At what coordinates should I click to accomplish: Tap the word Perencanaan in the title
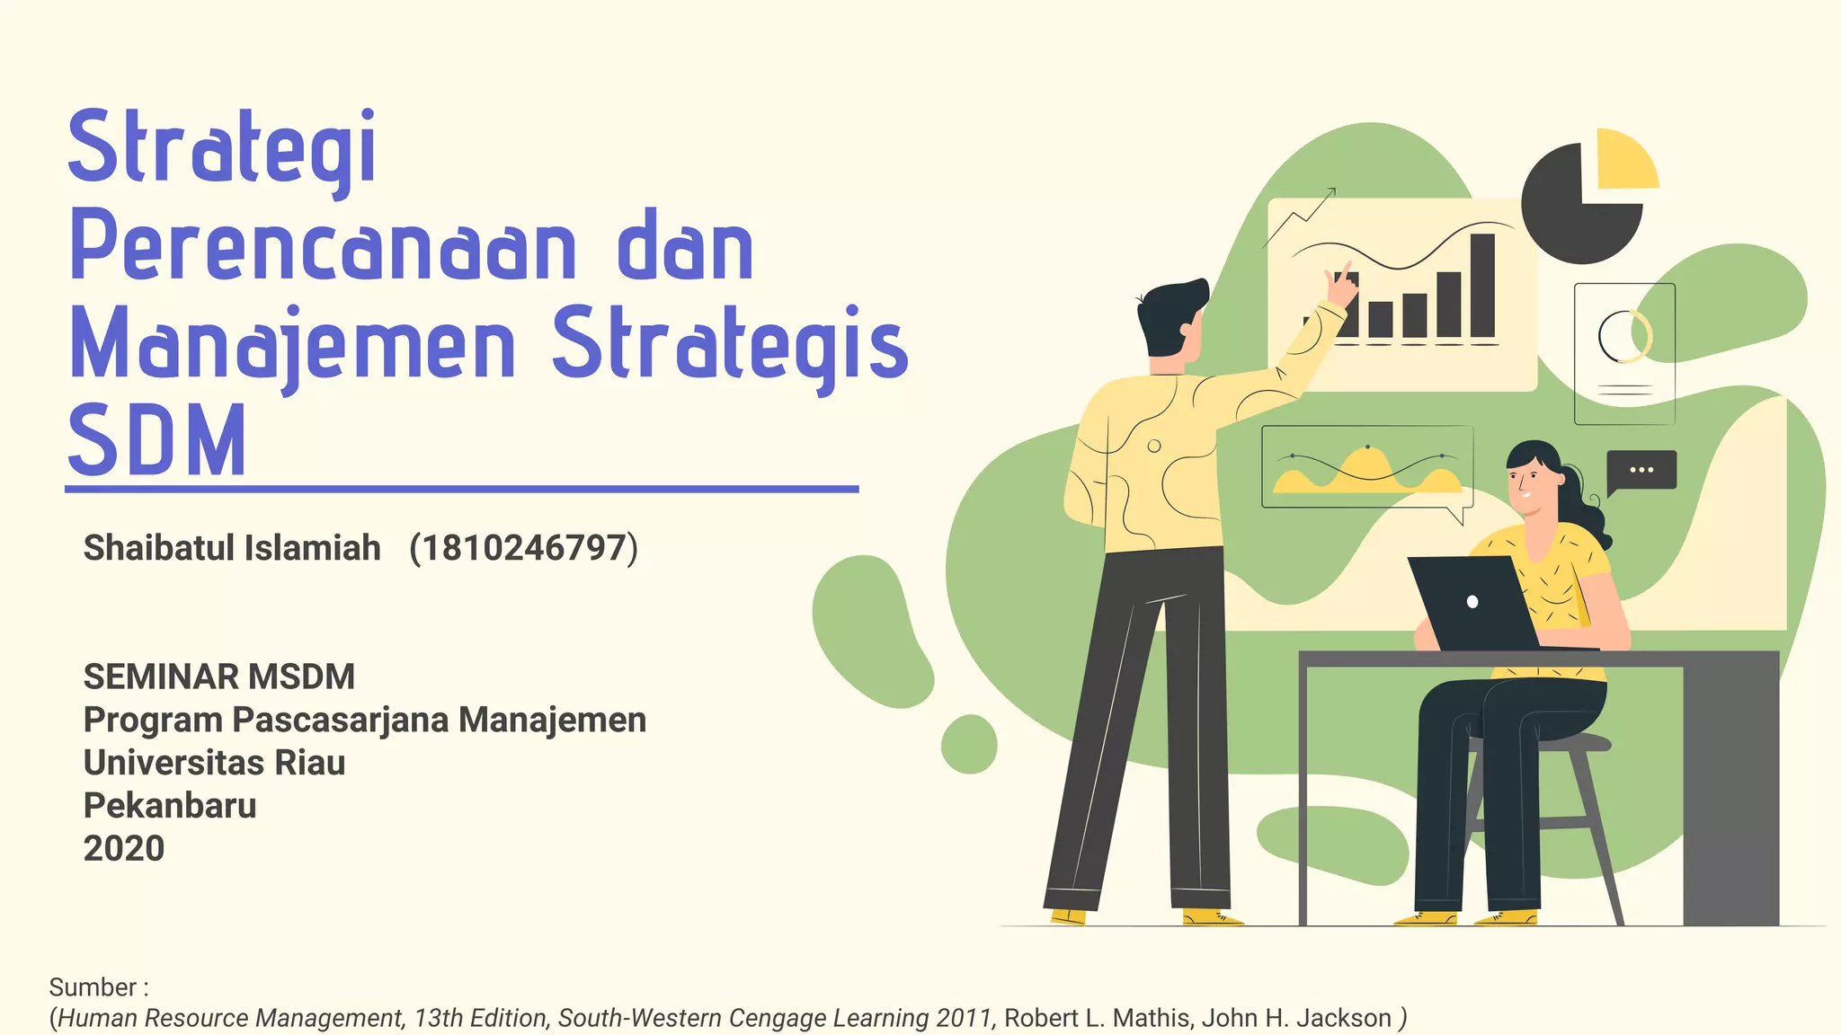(323, 247)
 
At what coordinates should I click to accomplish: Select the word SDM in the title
(156, 441)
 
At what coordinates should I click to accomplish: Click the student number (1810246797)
(523, 547)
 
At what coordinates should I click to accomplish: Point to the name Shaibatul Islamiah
(232, 547)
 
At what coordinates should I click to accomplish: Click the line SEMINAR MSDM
(219, 677)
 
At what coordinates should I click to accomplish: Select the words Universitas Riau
(214, 763)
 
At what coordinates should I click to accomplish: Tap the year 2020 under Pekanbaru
(124, 848)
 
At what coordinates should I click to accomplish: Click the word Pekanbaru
(170, 806)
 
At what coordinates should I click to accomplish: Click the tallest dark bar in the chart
(1482, 285)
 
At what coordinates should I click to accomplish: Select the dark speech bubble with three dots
(1641, 470)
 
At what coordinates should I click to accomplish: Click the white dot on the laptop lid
(1472, 602)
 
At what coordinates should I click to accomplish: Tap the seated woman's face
(1530, 486)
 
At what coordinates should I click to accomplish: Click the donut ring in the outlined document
(1624, 336)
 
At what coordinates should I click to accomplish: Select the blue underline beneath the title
(462, 490)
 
